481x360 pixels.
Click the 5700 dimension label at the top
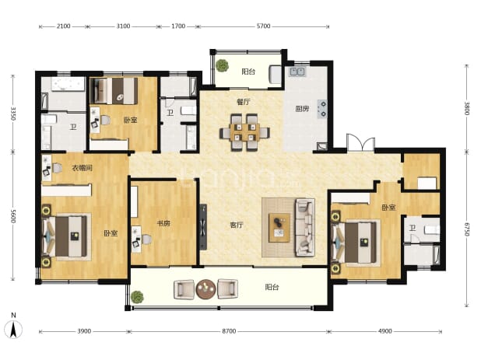264,26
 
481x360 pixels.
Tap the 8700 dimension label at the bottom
229,331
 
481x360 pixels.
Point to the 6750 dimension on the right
466,229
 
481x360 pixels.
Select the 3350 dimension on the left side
13,114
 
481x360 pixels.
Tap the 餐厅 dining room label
244,102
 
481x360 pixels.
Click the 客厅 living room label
237,225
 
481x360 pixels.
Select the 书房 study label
163,223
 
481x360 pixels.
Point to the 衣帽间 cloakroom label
82,168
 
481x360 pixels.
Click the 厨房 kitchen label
302,108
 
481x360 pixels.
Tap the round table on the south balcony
205,289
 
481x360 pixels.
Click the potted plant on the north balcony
222,65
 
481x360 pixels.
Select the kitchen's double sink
297,72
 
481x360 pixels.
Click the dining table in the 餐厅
244,133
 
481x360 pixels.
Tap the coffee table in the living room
279,228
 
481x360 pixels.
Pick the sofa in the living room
305,228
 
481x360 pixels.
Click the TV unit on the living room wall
203,227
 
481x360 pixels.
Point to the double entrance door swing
361,142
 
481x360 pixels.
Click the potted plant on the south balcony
137,297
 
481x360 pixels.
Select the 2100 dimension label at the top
64,26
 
